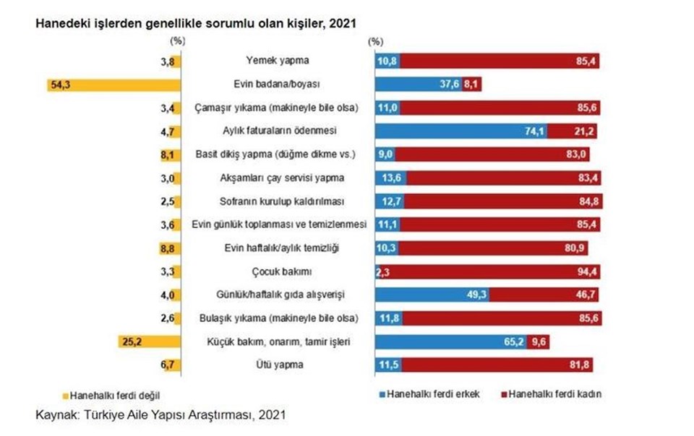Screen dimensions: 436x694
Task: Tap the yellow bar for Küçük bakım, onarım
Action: [147, 341]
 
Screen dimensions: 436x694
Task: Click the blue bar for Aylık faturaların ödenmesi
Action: [461, 131]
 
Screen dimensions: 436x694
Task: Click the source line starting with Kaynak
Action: [161, 415]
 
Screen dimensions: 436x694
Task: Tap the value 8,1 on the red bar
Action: [471, 84]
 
